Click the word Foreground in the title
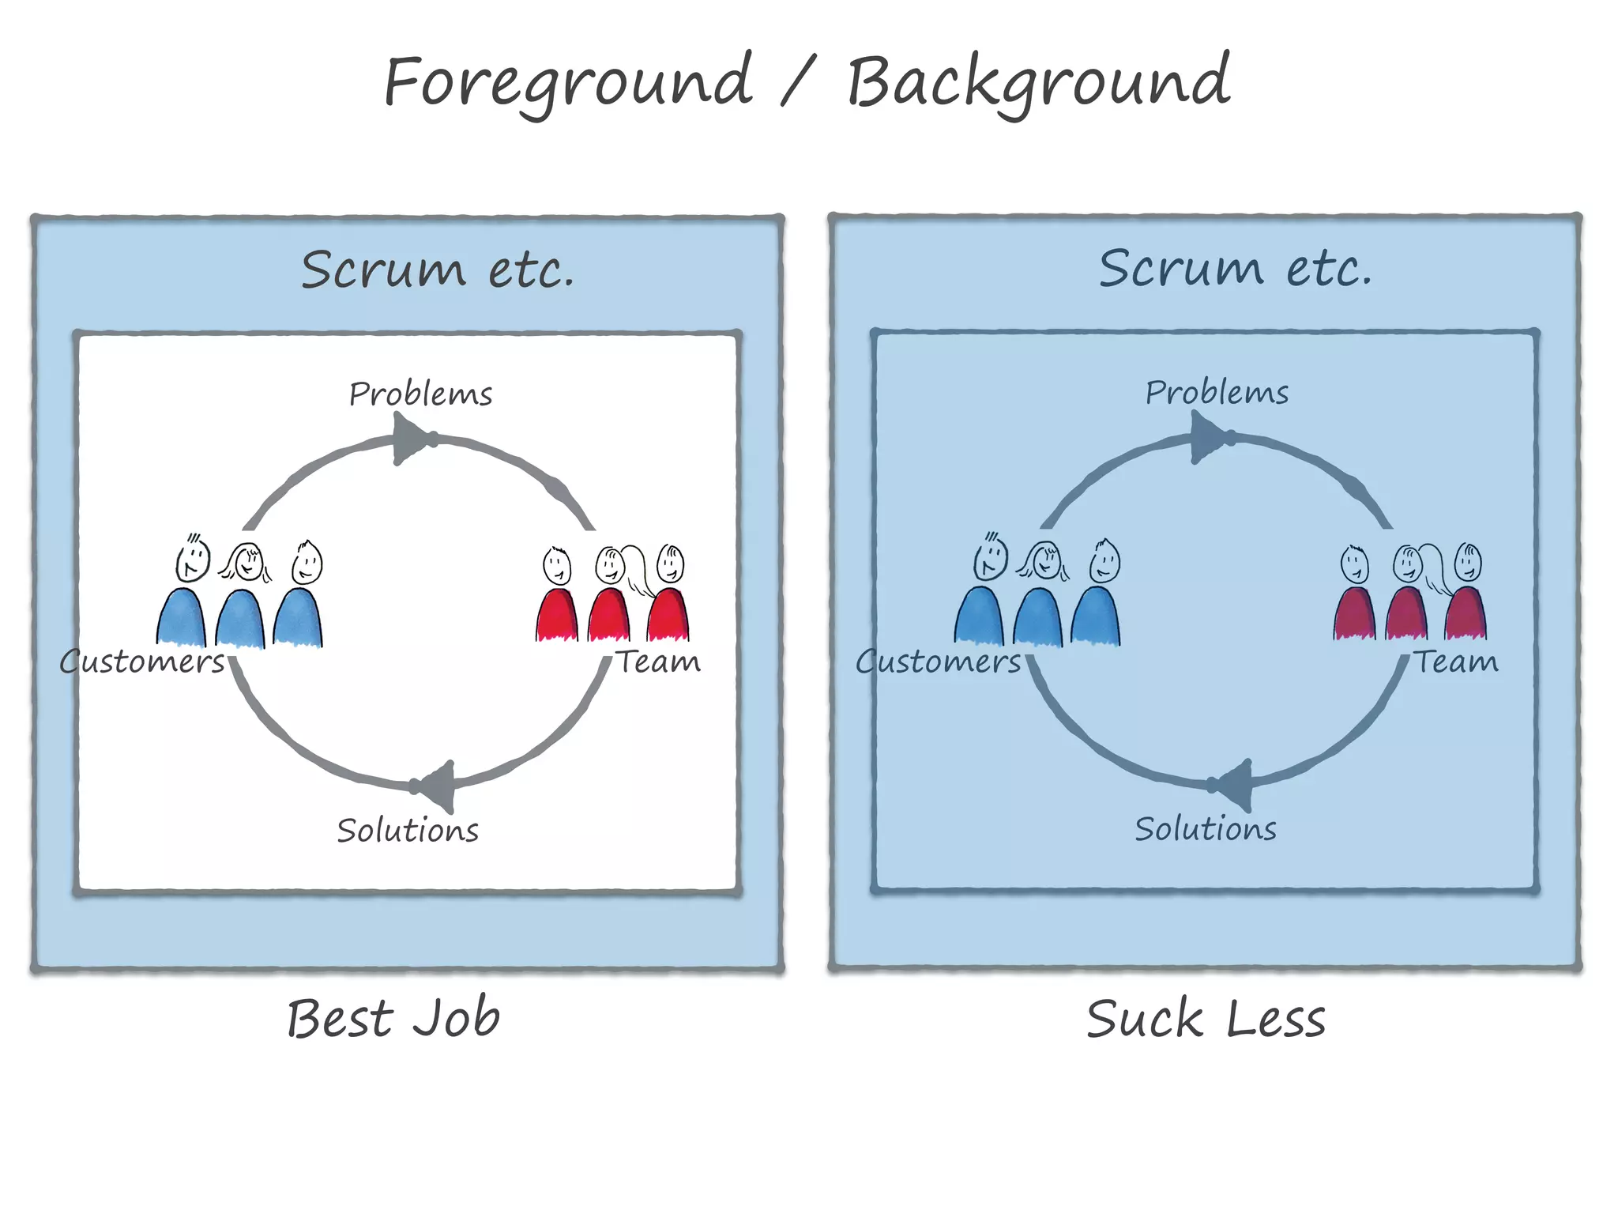(567, 82)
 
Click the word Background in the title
(1038, 82)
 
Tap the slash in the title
(797, 82)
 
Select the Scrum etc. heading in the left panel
(437, 270)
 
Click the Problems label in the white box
(420, 394)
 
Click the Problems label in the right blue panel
(1217, 392)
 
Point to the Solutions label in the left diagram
(408, 831)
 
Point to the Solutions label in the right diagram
(1206, 829)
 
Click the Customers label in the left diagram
(142, 662)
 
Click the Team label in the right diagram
(1455, 662)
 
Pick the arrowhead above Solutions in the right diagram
(1236, 785)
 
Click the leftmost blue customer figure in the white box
(181, 616)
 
